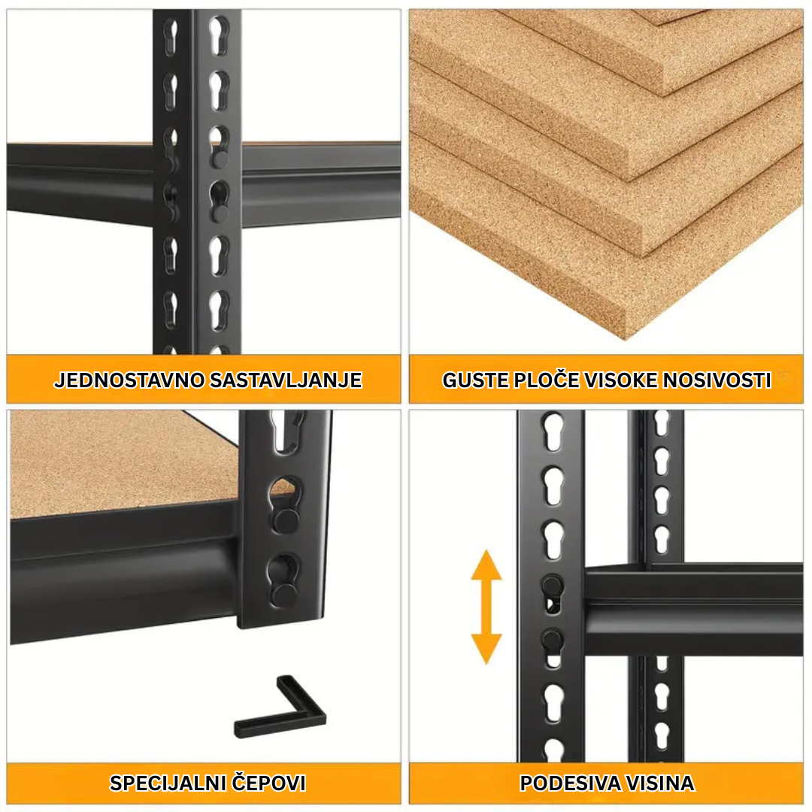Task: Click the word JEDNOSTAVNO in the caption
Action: click(x=129, y=380)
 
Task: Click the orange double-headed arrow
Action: click(x=486, y=607)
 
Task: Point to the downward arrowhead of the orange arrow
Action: click(x=486, y=650)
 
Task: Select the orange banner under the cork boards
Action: click(x=606, y=379)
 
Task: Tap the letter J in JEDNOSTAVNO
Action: click(x=59, y=380)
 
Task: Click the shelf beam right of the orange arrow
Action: click(x=693, y=608)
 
